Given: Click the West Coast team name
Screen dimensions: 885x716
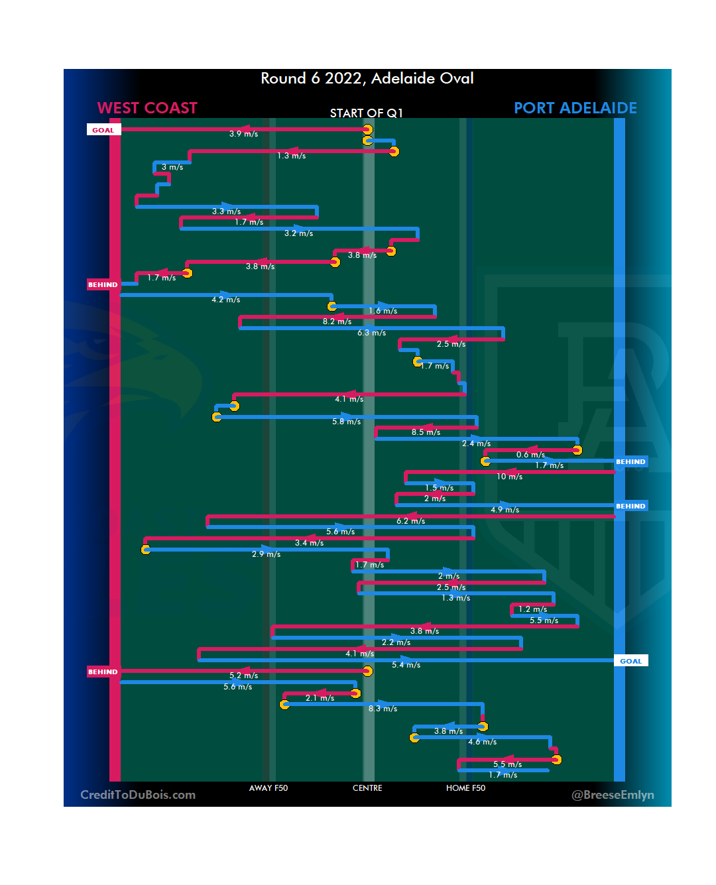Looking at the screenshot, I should [147, 108].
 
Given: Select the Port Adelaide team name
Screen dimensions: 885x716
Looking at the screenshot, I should [575, 108].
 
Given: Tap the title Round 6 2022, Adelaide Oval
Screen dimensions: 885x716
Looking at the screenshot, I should [367, 78].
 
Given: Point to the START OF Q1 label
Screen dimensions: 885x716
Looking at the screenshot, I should [366, 113].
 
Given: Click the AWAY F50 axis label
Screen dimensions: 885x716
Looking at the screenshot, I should [268, 788].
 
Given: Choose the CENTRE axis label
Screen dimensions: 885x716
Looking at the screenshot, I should [367, 788].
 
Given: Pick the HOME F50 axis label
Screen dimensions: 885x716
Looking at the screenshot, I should [465, 788].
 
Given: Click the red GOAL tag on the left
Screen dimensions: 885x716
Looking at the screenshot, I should [103, 130].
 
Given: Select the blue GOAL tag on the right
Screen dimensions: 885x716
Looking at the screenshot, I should [630, 661].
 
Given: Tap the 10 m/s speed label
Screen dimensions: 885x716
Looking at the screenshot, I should [509, 477].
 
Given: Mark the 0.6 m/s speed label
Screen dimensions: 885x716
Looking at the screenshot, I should [530, 455].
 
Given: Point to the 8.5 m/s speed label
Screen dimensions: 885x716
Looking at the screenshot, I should [426, 432].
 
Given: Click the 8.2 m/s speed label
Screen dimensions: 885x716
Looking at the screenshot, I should [337, 322].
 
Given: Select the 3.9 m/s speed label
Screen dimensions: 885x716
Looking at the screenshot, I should [243, 134].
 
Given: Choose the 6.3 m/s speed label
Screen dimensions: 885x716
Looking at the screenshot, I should [371, 333].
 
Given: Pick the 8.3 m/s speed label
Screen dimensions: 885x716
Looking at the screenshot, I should [383, 709].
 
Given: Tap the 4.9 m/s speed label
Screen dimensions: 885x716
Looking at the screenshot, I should [505, 510].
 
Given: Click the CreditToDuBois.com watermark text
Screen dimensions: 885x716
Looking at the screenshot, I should [138, 795].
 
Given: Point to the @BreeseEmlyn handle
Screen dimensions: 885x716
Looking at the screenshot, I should [613, 795].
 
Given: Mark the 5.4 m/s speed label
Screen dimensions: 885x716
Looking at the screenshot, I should [406, 665].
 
